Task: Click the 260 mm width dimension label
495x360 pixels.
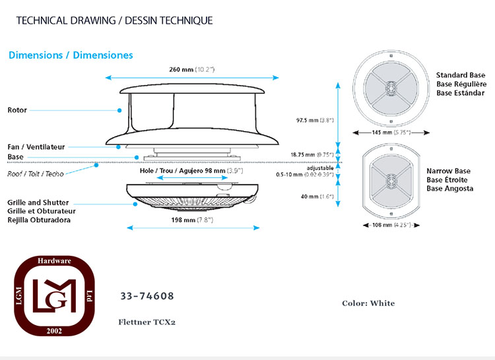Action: point(191,69)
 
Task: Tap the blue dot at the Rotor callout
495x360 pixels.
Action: point(119,110)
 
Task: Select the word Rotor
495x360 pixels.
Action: point(17,110)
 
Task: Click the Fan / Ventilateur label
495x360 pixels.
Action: point(36,147)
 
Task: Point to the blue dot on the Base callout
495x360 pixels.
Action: point(137,158)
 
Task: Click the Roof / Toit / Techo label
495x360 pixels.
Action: point(36,173)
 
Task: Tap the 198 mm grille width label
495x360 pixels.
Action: point(192,220)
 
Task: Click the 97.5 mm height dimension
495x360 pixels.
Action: point(315,120)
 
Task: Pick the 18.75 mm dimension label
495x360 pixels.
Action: point(312,154)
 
